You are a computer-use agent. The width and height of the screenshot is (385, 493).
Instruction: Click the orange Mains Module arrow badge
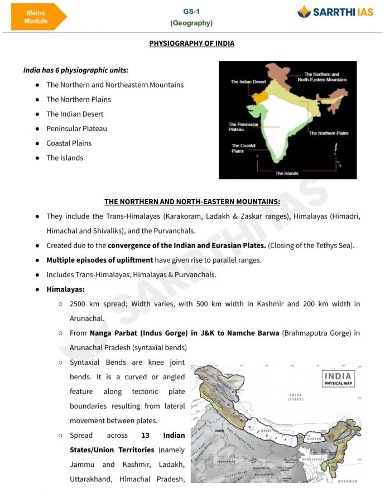point(37,17)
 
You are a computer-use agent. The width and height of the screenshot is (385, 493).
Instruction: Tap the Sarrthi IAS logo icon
point(304,12)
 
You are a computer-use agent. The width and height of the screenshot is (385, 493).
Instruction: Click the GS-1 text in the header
point(191,12)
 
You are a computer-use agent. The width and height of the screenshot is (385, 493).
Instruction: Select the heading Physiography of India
point(191,43)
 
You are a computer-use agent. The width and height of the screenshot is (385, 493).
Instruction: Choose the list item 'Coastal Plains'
point(69,143)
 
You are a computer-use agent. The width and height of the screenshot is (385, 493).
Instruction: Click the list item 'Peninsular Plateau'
point(76,128)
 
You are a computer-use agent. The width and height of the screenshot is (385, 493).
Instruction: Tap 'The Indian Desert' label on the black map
point(248,82)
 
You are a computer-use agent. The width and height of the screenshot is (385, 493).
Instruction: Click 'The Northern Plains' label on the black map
point(329,133)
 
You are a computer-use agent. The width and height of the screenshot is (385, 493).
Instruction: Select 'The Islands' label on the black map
point(287,173)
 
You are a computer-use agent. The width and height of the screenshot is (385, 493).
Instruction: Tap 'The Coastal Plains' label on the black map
point(243,148)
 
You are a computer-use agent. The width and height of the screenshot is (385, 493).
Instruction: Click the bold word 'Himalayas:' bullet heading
point(65,289)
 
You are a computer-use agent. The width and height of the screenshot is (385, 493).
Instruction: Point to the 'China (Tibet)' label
point(296,398)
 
